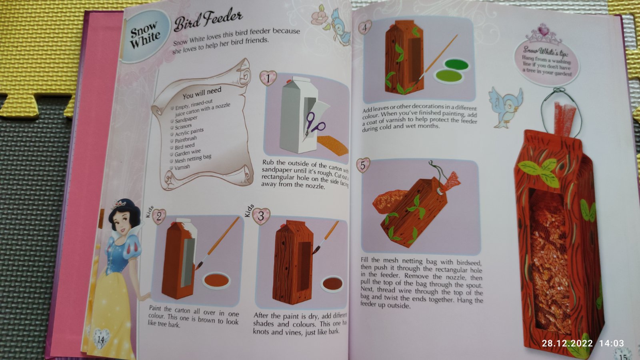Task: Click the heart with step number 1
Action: point(268,78)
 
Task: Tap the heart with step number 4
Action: point(364,28)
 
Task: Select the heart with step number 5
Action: point(363,165)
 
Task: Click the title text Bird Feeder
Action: point(208,20)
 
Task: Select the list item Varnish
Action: point(182,167)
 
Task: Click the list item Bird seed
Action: point(184,146)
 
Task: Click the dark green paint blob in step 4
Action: point(456,65)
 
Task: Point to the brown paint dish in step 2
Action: point(216,280)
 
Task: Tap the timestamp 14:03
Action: point(612,343)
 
